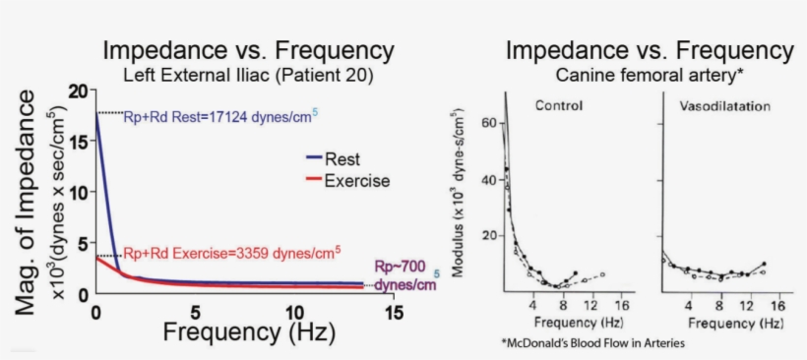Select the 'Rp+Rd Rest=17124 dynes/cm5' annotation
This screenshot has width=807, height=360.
point(220,117)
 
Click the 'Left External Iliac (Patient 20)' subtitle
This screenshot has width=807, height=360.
point(248,74)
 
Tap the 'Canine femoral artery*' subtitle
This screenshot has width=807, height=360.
point(649,74)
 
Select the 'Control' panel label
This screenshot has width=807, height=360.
point(560,104)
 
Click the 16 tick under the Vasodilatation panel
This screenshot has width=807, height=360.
point(776,305)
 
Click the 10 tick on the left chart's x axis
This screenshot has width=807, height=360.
point(294,313)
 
